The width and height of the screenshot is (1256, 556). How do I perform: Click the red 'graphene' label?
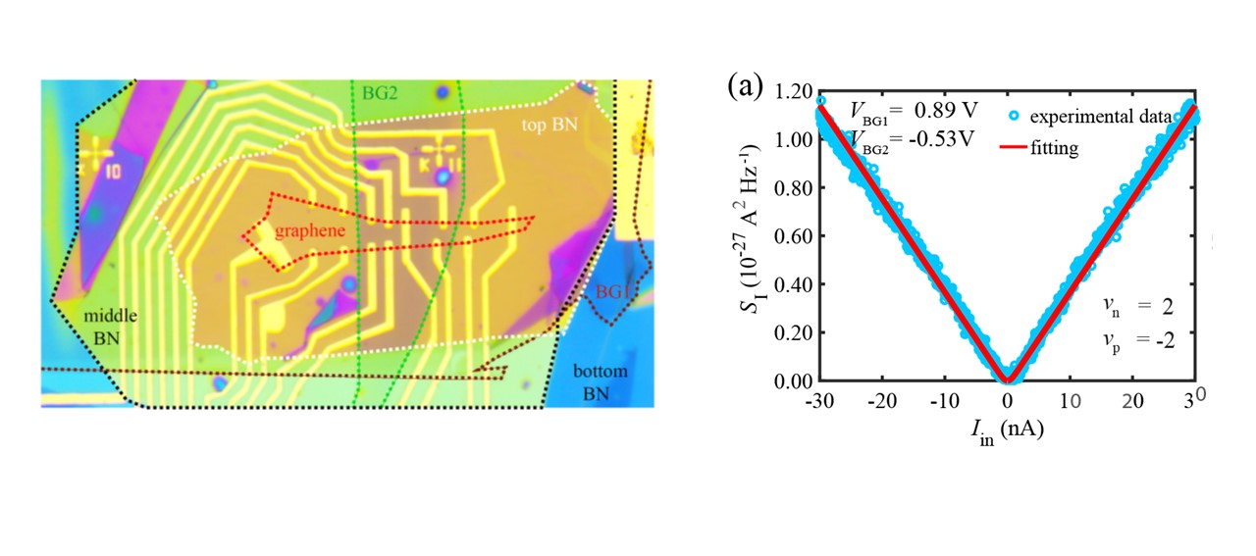309,230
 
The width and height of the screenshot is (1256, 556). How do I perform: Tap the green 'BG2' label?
380,93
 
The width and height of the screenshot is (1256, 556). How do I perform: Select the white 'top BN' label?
549,125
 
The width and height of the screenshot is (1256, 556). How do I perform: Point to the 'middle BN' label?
110,327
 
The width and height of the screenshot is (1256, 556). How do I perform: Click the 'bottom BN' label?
600,382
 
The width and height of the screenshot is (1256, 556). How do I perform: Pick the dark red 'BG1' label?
611,292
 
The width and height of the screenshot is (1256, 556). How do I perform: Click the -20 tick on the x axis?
882,401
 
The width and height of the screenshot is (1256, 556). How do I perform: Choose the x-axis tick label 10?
1070,401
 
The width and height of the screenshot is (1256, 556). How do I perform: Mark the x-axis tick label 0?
1008,401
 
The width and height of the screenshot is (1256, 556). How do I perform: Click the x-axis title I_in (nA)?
1008,431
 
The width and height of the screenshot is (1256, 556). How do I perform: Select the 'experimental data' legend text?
1101,117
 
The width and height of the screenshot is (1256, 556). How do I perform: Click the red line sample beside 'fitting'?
1014,147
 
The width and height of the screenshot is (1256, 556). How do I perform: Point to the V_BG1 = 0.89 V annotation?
914,111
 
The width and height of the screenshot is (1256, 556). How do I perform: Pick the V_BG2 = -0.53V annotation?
913,140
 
